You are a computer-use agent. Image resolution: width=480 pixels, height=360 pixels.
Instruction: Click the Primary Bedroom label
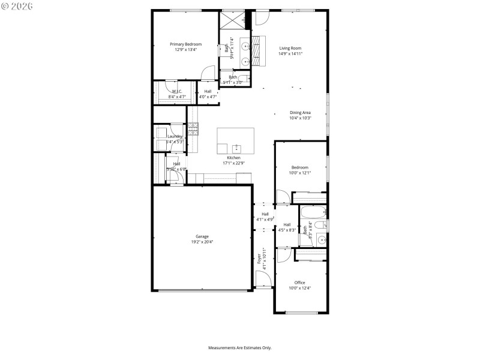[185, 44]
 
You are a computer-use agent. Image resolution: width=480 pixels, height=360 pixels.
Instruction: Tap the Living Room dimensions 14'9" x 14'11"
[290, 54]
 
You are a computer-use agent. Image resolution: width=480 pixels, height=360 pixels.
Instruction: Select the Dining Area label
[300, 112]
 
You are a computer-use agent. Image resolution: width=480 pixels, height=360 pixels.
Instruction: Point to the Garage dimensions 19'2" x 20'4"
[202, 242]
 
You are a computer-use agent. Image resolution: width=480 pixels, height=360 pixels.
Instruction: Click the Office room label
[299, 283]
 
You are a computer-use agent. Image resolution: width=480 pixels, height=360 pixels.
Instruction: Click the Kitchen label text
[233, 158]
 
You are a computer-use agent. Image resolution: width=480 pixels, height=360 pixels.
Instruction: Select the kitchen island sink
[236, 148]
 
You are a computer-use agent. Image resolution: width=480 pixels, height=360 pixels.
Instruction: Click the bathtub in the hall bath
[312, 212]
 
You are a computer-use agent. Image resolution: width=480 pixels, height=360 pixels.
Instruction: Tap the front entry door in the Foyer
[263, 280]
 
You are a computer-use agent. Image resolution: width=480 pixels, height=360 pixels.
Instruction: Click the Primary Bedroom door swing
[208, 73]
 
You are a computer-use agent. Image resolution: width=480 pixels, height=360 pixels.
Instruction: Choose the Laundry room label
[175, 137]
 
